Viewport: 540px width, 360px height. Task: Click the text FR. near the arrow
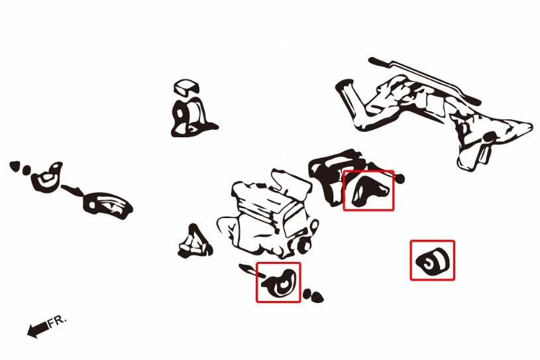pyautogui.click(x=56, y=322)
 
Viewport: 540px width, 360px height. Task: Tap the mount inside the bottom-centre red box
pyautogui.click(x=280, y=283)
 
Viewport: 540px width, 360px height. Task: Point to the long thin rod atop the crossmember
pyautogui.click(x=423, y=80)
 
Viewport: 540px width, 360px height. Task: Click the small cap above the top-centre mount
pyautogui.click(x=187, y=87)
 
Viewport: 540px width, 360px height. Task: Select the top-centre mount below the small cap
pyautogui.click(x=191, y=118)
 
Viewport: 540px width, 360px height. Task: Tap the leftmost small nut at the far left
pyautogui.click(x=15, y=166)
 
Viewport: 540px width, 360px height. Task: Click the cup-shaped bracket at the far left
pyautogui.click(x=47, y=176)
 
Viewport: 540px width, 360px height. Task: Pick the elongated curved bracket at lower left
pyautogui.click(x=107, y=205)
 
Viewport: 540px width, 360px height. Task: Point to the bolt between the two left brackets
pyautogui.click(x=72, y=190)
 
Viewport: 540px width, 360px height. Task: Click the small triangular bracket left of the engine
pyautogui.click(x=195, y=242)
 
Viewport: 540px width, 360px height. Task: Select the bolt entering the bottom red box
pyautogui.click(x=252, y=270)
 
